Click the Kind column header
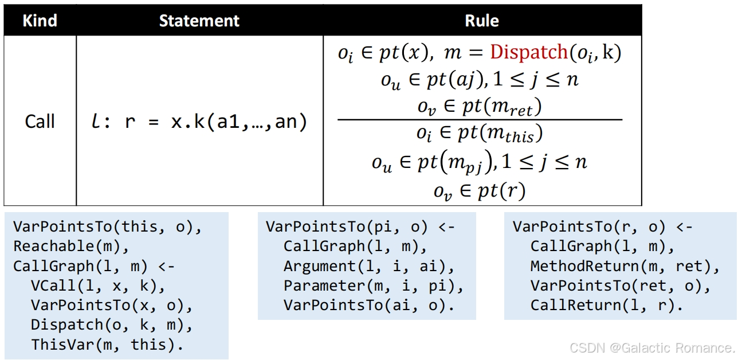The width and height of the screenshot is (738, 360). click(x=40, y=21)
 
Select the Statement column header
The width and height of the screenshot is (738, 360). click(x=199, y=21)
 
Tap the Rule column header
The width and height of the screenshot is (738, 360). click(x=482, y=21)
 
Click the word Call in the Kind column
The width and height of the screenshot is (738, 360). click(x=40, y=122)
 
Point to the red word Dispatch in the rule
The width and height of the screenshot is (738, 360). click(x=529, y=52)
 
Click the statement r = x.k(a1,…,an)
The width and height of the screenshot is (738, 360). click(x=215, y=122)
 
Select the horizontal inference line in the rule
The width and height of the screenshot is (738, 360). click(x=480, y=120)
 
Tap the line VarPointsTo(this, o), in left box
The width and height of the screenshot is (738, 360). click(x=108, y=227)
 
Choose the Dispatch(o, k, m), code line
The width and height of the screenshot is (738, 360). click(x=112, y=324)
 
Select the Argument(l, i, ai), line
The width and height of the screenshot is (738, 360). click(x=369, y=266)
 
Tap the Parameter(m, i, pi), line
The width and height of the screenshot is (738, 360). click(x=374, y=285)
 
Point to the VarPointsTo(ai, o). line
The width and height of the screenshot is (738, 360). click(x=369, y=306)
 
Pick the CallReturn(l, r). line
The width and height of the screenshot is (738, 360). click(x=607, y=306)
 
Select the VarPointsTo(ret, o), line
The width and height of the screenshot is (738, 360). click(x=621, y=285)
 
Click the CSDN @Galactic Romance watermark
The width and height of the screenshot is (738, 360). click(x=652, y=348)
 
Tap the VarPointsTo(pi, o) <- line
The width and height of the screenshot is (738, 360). click(x=360, y=227)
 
